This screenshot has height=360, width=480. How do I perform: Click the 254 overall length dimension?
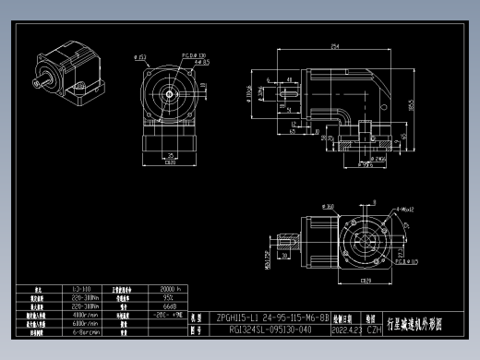[x=333, y=45]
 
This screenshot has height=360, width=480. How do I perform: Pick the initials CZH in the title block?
[x=374, y=328]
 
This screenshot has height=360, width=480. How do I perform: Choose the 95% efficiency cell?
[x=144, y=299]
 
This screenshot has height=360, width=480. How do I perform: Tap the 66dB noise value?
[x=144, y=307]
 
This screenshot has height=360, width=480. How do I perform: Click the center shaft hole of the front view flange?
[x=170, y=94]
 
